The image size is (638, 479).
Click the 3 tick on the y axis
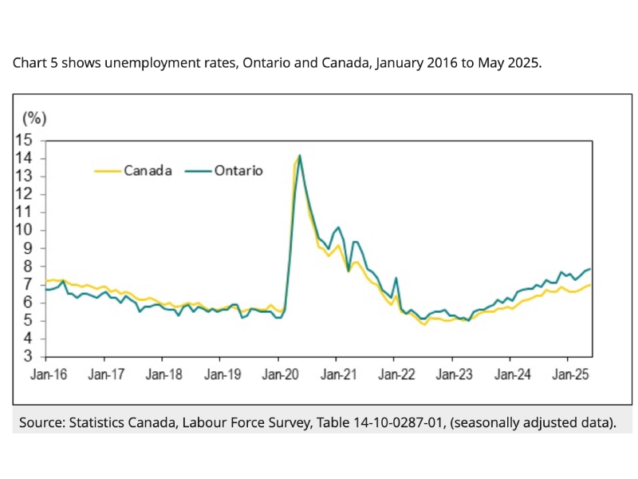[34, 357]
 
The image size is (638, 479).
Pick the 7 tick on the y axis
[34, 285]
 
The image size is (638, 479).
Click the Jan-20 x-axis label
[279, 373]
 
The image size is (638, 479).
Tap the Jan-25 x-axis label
[568, 373]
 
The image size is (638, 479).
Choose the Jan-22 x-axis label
[395, 373]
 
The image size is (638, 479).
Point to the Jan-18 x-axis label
[163, 373]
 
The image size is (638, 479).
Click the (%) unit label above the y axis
[34, 119]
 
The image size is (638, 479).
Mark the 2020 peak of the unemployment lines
[299, 156]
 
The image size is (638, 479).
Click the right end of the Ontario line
[590, 269]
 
